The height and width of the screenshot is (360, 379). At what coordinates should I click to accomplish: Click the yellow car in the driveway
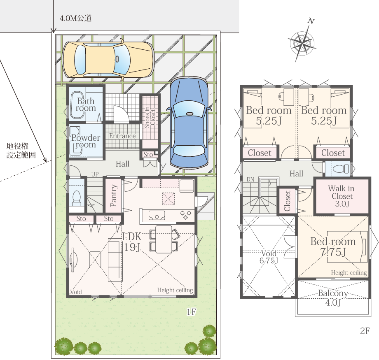point(108,60)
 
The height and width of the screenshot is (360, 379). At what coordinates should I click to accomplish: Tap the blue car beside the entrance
point(189,123)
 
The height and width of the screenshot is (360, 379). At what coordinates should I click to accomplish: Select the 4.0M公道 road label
point(75,19)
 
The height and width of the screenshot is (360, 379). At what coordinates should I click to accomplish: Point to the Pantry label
point(114,195)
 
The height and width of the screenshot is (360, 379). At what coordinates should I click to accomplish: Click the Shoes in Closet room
point(150,118)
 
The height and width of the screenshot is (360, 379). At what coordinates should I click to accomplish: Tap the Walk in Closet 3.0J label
point(342,196)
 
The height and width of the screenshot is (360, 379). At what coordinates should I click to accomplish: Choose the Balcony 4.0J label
point(333,298)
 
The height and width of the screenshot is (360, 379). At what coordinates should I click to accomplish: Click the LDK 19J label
point(132,242)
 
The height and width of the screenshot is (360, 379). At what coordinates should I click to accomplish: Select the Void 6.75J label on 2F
point(269,257)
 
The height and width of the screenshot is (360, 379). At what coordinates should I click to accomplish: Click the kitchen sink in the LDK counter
point(157,215)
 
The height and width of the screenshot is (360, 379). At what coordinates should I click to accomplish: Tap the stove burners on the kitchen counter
point(185,215)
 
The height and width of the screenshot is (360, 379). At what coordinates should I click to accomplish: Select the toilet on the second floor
point(341,169)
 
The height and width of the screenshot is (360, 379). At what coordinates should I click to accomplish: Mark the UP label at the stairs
point(95,174)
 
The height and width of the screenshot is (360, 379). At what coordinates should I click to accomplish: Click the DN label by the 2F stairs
point(250,180)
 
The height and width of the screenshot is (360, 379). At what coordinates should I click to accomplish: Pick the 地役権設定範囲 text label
point(21,151)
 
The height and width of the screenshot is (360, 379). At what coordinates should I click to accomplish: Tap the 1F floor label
point(191,312)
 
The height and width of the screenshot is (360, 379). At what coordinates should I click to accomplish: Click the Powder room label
point(86,141)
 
